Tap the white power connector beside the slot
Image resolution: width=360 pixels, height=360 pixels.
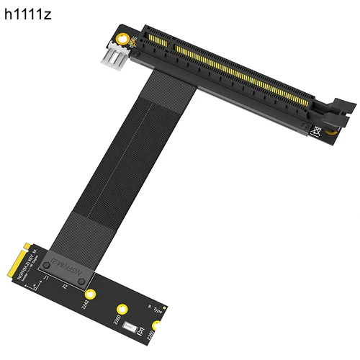116,55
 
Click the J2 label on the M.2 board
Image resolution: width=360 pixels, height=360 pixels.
64,286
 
